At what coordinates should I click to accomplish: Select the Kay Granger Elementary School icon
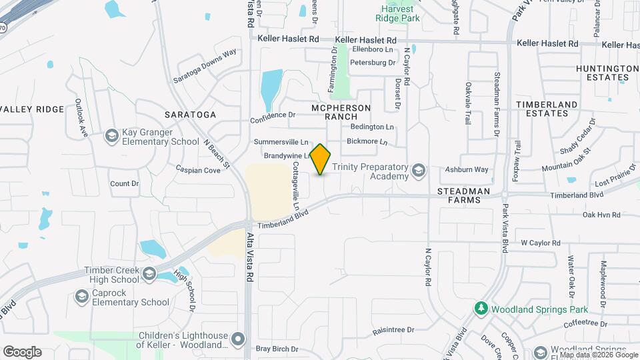tap(112, 137)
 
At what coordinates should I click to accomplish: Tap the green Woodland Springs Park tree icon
tap(480, 309)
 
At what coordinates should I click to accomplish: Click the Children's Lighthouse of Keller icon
tap(238, 340)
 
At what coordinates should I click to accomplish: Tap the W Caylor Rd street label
tap(541, 243)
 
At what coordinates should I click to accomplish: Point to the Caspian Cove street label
tap(198, 171)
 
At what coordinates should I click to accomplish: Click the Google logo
tap(22, 351)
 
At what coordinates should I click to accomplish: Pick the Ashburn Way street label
tap(467, 170)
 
